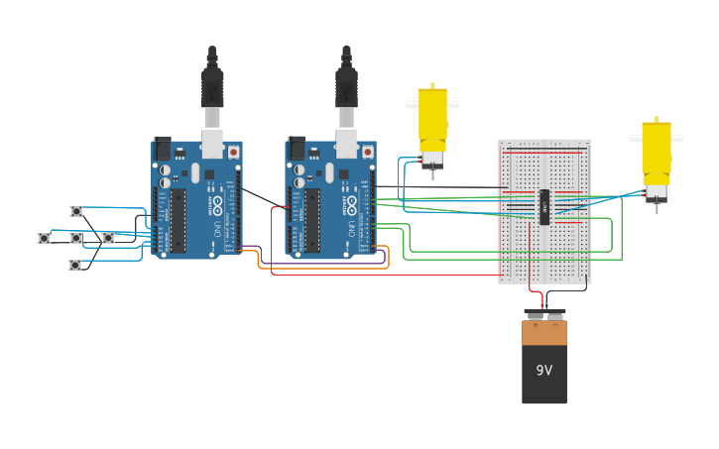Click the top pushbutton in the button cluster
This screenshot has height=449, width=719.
76,211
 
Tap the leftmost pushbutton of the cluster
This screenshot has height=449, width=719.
44,238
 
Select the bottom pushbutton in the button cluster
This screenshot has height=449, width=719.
74,265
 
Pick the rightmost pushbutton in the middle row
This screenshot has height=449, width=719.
108,238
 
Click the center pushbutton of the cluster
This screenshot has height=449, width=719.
76,238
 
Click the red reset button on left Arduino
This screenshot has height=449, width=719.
234,152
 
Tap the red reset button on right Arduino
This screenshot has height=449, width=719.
368,152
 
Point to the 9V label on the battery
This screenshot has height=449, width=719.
544,370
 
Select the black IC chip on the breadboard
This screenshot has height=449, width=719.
543,206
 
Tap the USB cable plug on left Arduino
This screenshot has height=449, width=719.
212,89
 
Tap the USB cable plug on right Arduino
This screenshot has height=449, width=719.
346,89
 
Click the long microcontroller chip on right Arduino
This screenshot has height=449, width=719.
312,220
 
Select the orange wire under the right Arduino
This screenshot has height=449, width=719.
327,268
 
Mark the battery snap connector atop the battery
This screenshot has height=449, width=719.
544,313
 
